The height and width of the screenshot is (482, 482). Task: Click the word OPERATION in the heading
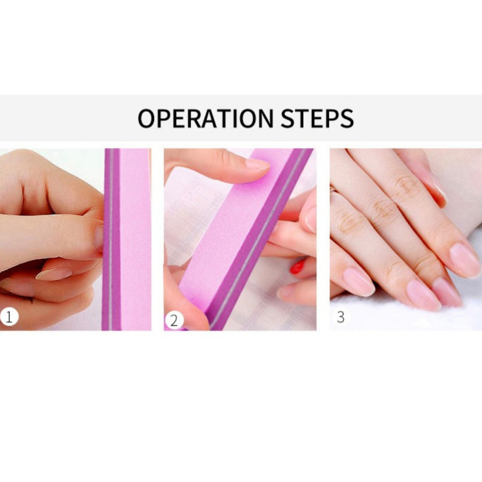(x=205, y=118)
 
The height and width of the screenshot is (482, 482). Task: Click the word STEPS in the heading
(x=317, y=118)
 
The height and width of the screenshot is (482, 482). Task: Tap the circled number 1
(x=9, y=317)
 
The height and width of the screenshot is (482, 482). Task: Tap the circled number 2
(x=174, y=321)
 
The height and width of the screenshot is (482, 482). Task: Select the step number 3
(x=341, y=317)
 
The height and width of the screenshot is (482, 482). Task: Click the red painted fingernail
(x=297, y=266)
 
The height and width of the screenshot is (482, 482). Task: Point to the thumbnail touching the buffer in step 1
(x=98, y=238)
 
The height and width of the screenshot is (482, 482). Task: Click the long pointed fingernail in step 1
(x=54, y=273)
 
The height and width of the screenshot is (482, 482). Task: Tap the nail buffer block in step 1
(x=127, y=240)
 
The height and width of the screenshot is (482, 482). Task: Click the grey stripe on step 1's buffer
(x=111, y=240)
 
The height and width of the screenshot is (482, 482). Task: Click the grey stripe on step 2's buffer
(x=258, y=240)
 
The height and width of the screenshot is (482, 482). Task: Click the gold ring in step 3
(x=333, y=189)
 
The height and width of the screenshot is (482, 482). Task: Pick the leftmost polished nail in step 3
(x=358, y=281)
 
